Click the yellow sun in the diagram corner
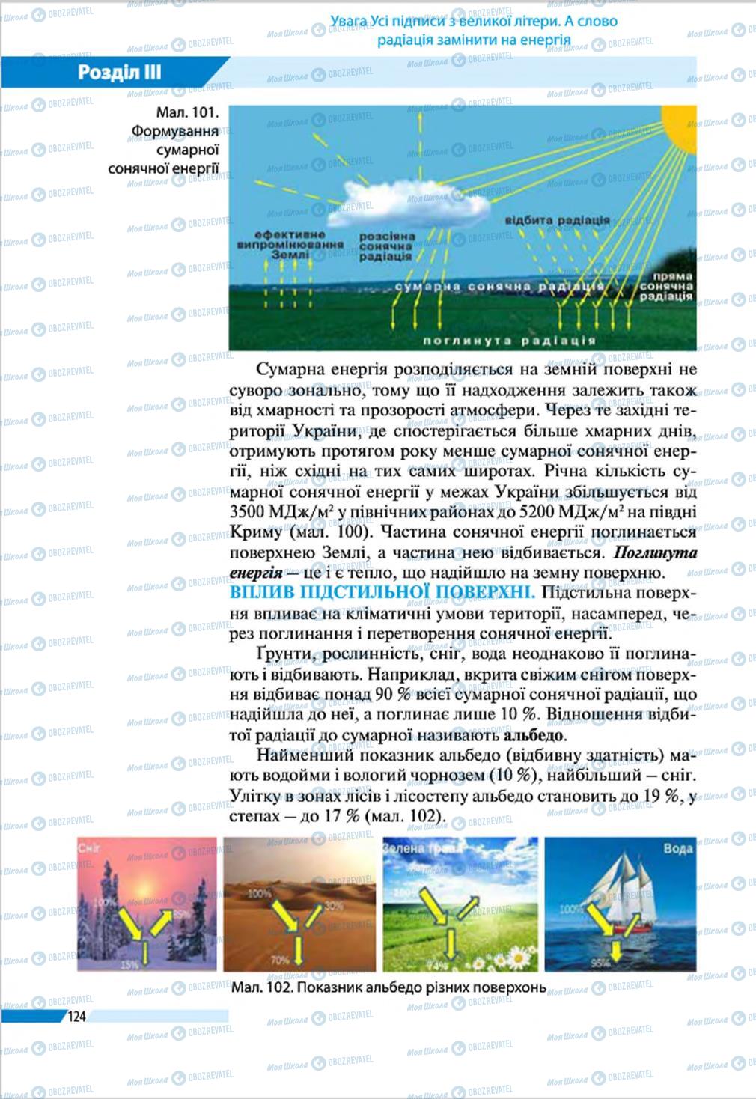click(x=681, y=124)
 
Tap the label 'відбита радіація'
click(x=557, y=221)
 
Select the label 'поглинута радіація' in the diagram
click(x=509, y=341)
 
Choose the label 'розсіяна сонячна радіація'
click(x=385, y=246)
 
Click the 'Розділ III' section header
click(x=120, y=73)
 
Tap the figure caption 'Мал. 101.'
click(x=187, y=113)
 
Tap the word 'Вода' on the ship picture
click(x=677, y=848)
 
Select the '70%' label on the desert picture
click(x=280, y=960)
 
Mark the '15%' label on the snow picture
click(x=129, y=965)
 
